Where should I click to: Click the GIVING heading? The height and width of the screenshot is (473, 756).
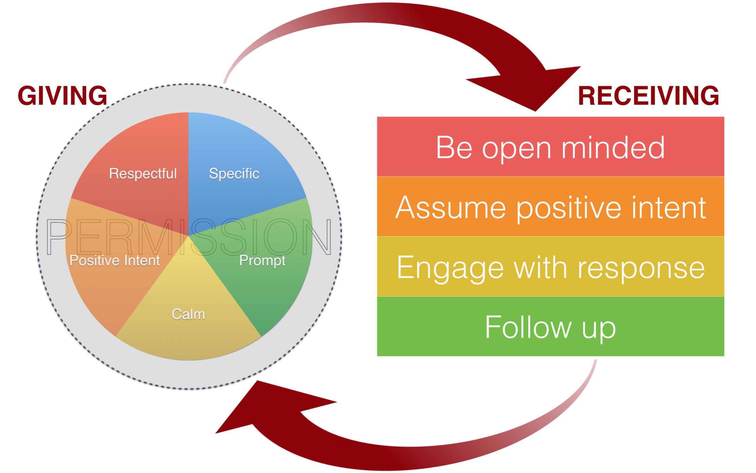(62, 96)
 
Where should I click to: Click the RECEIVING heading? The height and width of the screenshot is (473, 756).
(648, 96)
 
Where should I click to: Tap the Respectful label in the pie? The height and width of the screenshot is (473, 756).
(143, 174)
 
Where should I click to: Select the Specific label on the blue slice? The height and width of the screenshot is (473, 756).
(234, 174)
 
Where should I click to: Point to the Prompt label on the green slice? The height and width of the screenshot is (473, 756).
(262, 261)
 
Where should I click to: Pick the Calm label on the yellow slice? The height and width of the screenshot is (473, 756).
(188, 314)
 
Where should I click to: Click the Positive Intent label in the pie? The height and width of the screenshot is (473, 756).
(114, 261)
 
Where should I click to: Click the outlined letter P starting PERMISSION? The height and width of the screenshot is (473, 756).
(58, 237)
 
